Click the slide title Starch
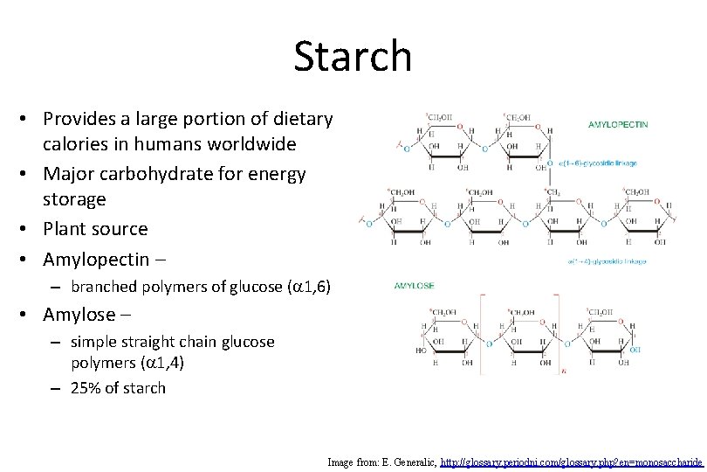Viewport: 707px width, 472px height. tap(352, 56)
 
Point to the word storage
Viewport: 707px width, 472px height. tap(74, 199)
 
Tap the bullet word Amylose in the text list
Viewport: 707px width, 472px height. tap(79, 314)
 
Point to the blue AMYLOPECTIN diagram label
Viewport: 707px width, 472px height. tap(619, 125)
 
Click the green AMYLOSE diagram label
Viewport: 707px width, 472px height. tap(415, 286)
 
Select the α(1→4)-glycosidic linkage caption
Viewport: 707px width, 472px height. tap(607, 260)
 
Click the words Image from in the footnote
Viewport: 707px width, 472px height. tap(350, 461)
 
